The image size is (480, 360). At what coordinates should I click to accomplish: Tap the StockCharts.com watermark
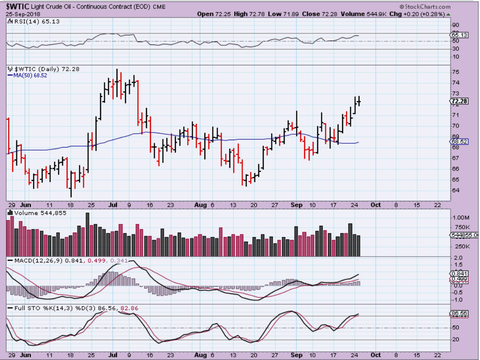click(x=426, y=7)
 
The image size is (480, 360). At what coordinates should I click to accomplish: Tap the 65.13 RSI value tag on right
click(x=460, y=35)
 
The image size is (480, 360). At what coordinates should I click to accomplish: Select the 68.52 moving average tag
click(x=460, y=141)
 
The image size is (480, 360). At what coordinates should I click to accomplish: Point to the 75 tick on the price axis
click(x=456, y=72)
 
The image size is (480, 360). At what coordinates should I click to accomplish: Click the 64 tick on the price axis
click(x=456, y=190)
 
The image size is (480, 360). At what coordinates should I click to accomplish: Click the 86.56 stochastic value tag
click(x=460, y=313)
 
